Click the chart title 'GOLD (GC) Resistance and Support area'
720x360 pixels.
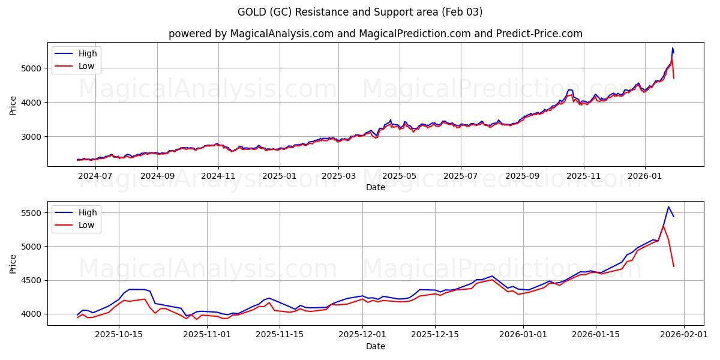(360, 12)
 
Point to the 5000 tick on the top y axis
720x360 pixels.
(32, 68)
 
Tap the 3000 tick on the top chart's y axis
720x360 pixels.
(32, 137)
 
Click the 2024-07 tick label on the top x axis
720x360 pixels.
(95, 176)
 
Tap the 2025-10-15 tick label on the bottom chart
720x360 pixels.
(119, 334)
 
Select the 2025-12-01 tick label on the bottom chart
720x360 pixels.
(362, 334)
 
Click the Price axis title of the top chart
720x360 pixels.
(13, 104)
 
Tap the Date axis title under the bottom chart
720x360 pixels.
(375, 346)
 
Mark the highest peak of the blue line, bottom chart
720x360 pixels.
(668, 207)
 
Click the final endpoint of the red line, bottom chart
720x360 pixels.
(674, 266)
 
